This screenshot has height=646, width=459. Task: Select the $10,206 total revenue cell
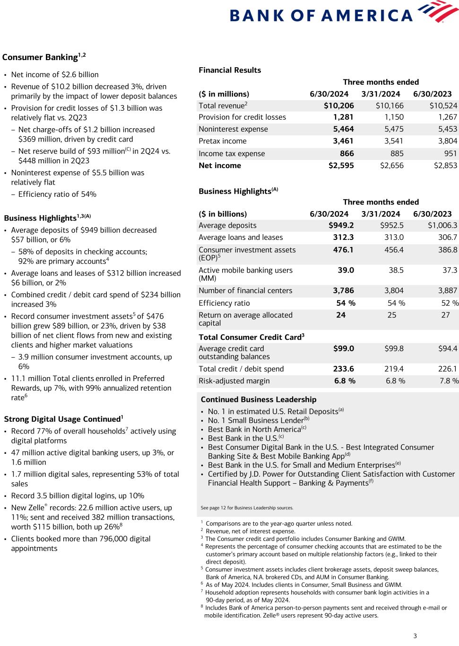coord(338,106)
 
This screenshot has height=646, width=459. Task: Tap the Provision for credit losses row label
coord(242,117)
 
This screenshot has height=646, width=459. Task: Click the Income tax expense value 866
coord(346,153)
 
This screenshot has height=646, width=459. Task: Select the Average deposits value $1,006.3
coord(442,225)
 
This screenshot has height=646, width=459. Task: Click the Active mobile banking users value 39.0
coord(346,270)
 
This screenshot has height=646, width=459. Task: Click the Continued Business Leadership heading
coord(259,399)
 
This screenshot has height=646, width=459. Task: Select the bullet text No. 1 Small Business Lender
coord(255,420)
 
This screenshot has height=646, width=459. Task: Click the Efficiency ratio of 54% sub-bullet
coord(57,194)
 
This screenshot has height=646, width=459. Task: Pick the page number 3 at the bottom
coord(415,636)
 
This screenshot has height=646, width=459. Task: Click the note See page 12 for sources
coord(247,508)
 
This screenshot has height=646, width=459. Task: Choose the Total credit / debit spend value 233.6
coord(343,369)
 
